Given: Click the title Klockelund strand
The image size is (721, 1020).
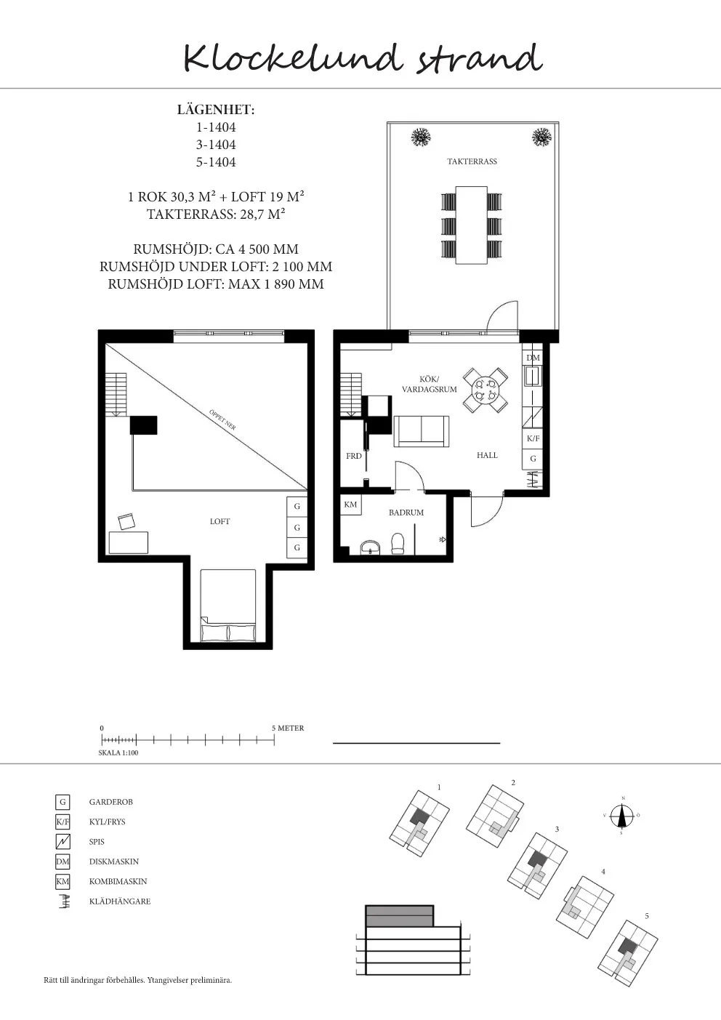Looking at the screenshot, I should click(362, 58).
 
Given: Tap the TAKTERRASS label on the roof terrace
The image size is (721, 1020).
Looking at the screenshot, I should click(472, 161).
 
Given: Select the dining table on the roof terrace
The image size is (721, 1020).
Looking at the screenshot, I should click(471, 225).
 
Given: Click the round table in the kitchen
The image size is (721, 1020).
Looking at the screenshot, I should click(485, 390).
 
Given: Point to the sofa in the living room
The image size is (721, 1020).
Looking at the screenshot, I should click(421, 431).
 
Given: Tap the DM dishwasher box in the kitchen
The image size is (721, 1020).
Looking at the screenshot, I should click(533, 358).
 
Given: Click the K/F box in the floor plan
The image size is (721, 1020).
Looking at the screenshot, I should click(533, 438).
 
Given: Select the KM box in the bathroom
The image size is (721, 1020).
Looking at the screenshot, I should click(350, 505).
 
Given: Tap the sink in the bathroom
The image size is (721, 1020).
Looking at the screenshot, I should click(371, 547).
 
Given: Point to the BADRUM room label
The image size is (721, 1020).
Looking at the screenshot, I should click(406, 513).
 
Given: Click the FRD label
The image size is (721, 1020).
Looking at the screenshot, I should click(353, 456).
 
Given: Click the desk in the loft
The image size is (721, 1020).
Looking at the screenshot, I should click(128, 542).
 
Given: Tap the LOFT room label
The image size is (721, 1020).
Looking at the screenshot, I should click(219, 521).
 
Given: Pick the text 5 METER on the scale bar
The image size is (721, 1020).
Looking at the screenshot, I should click(288, 728).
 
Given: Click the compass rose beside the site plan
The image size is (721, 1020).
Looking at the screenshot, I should click(622, 816).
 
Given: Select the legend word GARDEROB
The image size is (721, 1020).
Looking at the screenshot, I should click(110, 802).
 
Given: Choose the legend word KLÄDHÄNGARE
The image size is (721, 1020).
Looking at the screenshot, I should click(119, 901).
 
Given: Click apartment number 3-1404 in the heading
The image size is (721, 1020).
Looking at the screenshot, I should click(216, 145).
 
